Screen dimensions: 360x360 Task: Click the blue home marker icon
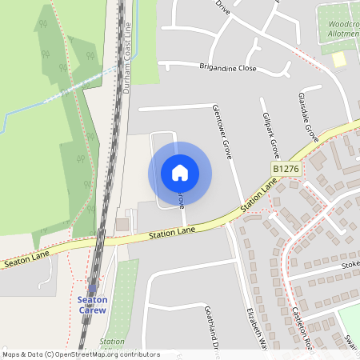click(x=179, y=173)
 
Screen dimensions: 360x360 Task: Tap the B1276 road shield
click(x=285, y=170)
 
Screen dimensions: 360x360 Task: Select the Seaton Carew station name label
click(x=92, y=305)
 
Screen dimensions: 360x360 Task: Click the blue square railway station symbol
click(x=92, y=289)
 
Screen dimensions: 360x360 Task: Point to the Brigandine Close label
click(x=228, y=69)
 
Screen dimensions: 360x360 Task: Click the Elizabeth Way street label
click(x=256, y=329)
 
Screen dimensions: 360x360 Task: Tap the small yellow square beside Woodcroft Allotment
click(x=340, y=60)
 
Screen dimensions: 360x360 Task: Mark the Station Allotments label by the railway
click(x=112, y=345)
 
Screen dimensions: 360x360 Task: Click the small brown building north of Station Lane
click(x=122, y=224)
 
